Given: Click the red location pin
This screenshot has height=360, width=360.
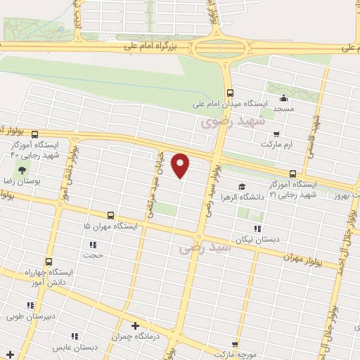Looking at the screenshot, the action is point(181,164).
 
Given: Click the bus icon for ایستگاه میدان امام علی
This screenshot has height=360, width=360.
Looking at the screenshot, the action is point(230,93).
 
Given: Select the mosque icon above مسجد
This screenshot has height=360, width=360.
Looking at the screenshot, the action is point(283,98).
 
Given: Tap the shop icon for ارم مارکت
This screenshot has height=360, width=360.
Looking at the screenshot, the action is point(276,134).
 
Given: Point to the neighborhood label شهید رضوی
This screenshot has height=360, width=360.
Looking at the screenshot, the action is point(232,122).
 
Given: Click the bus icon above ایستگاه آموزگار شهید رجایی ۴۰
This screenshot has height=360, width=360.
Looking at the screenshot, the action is point(34,134).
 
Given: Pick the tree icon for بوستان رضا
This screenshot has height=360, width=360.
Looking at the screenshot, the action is point(22,170).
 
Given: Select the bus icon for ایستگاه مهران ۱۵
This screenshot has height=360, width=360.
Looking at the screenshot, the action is point(110,215).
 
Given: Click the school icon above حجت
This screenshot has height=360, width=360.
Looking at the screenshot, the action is point(92,245).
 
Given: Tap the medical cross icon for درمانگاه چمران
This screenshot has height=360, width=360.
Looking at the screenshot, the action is point(136,326).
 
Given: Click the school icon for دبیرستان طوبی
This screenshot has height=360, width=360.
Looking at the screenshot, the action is point(30,305).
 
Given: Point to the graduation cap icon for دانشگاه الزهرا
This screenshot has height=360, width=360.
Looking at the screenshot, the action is point(242,186).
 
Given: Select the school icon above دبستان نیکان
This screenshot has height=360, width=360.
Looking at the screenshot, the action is point(258,229).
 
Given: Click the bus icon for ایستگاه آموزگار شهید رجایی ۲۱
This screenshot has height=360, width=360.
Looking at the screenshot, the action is point(292,173).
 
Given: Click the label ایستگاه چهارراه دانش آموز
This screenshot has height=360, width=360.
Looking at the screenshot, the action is point(48,276).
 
